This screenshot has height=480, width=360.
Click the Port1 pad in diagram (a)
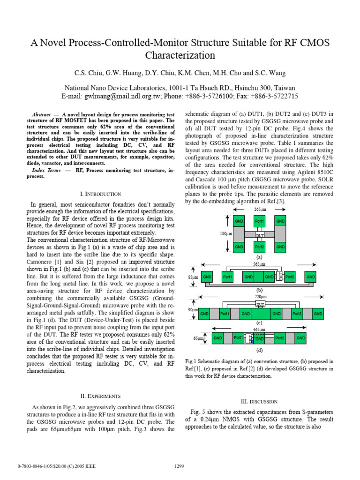point(260,221)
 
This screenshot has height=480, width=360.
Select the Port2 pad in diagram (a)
point(260,246)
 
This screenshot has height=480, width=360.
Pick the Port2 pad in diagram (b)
point(290,277)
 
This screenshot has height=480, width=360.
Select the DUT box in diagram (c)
point(260,304)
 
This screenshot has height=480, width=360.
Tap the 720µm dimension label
point(260,297)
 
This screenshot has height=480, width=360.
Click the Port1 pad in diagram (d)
point(238,337)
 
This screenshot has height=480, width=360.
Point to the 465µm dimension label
point(259,330)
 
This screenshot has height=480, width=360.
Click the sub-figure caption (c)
point(259,323)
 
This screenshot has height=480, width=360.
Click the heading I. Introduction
point(101,194)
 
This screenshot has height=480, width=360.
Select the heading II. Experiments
point(101,396)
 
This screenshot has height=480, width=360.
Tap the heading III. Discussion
point(259,402)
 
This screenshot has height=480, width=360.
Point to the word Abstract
point(41,114)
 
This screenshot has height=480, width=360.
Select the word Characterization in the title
point(180,55)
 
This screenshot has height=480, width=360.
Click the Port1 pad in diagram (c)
point(224,314)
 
